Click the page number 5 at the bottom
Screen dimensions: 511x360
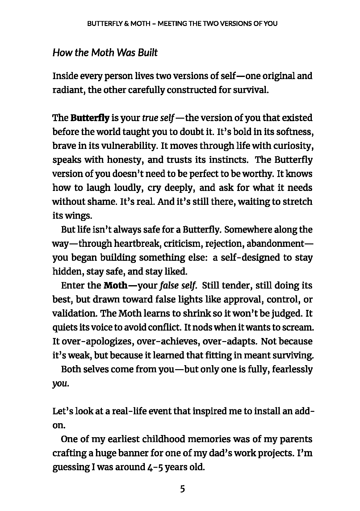182,489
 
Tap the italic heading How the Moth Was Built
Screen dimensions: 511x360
105,53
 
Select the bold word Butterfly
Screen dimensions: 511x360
90,118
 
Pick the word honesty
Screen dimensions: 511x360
124,160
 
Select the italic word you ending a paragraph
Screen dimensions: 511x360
59,383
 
